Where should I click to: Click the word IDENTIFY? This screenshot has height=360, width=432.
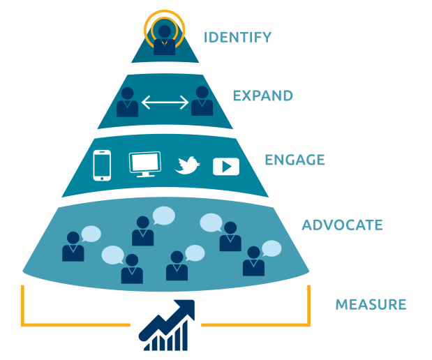[x=237, y=37]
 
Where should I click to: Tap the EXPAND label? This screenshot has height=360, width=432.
[x=262, y=96]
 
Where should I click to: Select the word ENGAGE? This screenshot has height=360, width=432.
[x=294, y=160]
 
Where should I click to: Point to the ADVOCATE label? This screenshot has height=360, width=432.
[x=342, y=225]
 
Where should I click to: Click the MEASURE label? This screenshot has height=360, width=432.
[x=371, y=305]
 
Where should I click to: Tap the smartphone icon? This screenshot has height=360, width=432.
[x=103, y=165]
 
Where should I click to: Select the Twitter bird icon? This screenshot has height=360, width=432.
[x=187, y=165]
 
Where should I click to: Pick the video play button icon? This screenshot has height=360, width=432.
[x=226, y=166]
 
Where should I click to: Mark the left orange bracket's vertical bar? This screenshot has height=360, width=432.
[x=22, y=303]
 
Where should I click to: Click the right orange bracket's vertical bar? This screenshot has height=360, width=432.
[x=309, y=303]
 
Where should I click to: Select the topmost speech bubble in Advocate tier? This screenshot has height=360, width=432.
[x=163, y=216]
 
